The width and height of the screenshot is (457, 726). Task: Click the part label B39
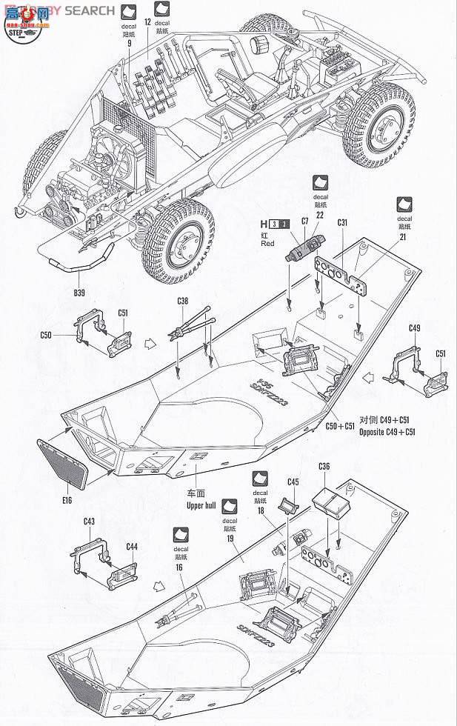[x=79, y=292]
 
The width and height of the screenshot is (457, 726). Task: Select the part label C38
[x=182, y=301]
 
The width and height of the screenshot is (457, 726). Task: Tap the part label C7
[x=305, y=222]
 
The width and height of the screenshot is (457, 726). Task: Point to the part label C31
[x=343, y=222]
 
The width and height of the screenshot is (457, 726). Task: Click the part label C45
[x=293, y=482]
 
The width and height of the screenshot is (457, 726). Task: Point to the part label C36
[x=324, y=465]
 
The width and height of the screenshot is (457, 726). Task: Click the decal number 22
[x=319, y=214]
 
